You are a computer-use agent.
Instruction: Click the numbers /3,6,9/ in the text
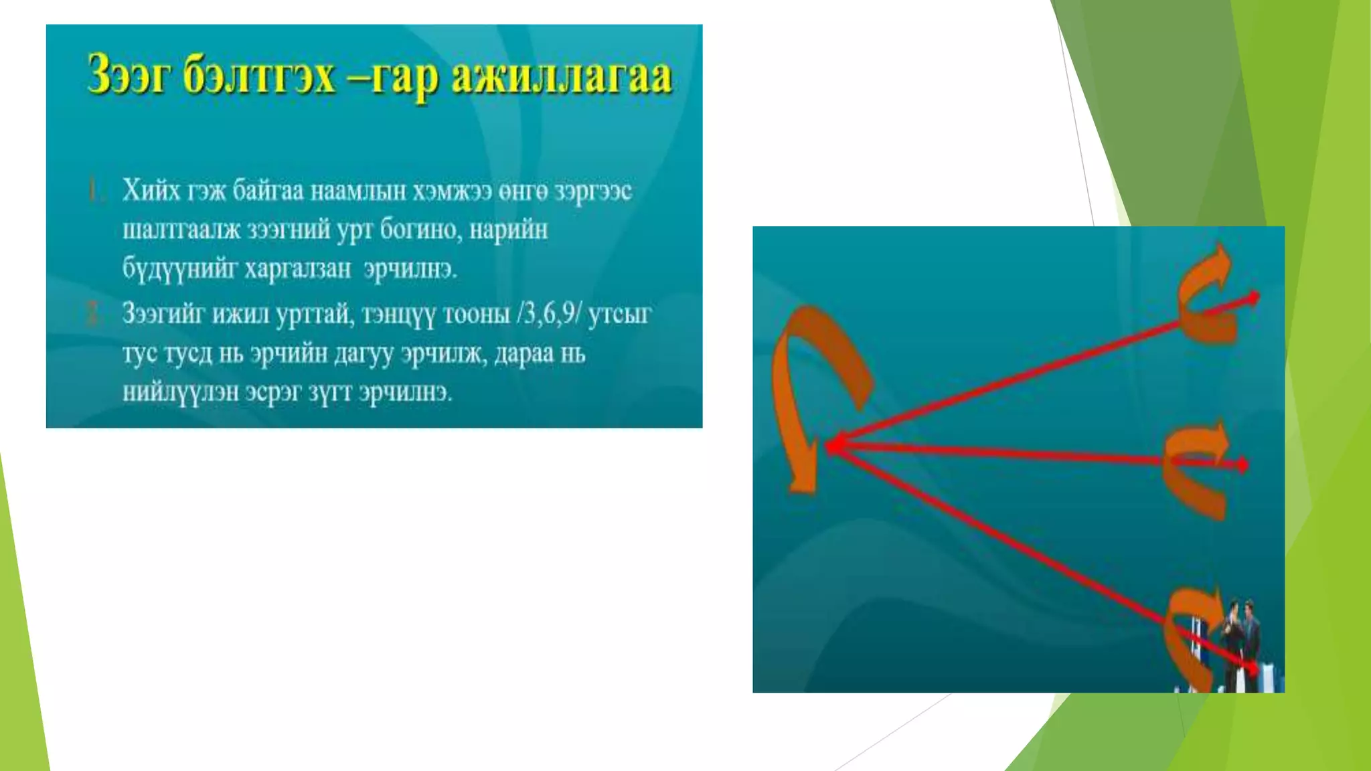click(x=548, y=313)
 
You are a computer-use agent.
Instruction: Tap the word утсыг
click(x=619, y=313)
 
